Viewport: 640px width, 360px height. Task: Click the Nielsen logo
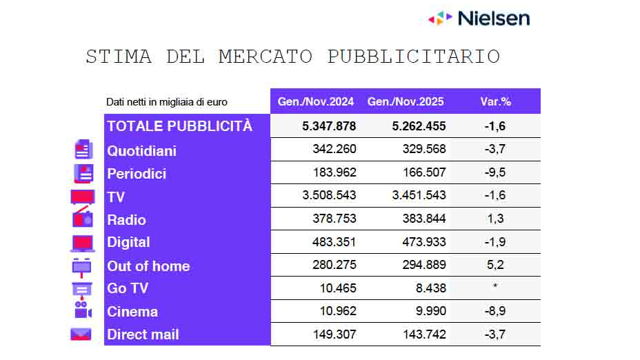pos(479,18)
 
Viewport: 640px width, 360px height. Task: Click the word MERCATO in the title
pos(265,57)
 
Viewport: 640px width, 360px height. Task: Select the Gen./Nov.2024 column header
pos(316,102)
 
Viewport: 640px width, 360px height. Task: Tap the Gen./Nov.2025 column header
pos(406,102)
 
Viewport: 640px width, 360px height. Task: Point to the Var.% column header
pos(495,102)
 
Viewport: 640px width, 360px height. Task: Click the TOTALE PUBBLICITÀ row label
pos(179,126)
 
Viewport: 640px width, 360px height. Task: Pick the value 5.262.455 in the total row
pos(419,126)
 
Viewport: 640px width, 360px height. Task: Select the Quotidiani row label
pos(141,150)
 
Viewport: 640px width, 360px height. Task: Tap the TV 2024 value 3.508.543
pos(329,195)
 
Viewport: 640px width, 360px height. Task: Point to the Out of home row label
pos(148,266)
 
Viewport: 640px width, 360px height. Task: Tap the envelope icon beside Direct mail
pos(81,334)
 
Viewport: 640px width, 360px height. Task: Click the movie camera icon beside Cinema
pos(82,310)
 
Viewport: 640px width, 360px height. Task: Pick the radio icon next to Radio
pos(82,219)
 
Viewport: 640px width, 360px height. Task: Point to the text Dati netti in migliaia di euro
pos(166,102)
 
